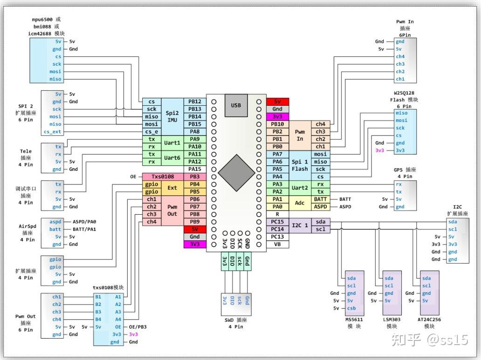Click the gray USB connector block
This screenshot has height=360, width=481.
[236, 105]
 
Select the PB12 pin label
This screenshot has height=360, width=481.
[195, 102]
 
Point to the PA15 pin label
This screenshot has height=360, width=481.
[195, 169]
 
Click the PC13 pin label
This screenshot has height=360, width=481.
[277, 237]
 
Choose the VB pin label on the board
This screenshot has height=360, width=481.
[277, 244]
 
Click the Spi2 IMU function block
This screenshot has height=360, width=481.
[172, 116]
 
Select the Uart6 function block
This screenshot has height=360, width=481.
[172, 158]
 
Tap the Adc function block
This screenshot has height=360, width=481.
[300, 203]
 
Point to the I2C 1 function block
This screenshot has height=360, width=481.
[300, 225]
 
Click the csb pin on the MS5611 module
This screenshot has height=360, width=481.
[351, 308]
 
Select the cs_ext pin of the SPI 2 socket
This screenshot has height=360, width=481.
[52, 132]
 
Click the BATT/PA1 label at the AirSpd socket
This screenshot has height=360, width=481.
[84, 229]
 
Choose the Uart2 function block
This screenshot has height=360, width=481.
[300, 188]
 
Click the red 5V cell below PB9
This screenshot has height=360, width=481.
[195, 229]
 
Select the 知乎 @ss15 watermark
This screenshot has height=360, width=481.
[429, 340]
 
